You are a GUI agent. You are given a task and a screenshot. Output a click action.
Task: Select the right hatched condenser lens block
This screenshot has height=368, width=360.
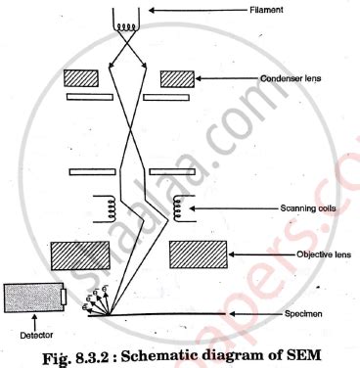click(179, 77)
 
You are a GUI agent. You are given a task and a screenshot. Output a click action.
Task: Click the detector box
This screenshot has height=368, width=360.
click(34, 298)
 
